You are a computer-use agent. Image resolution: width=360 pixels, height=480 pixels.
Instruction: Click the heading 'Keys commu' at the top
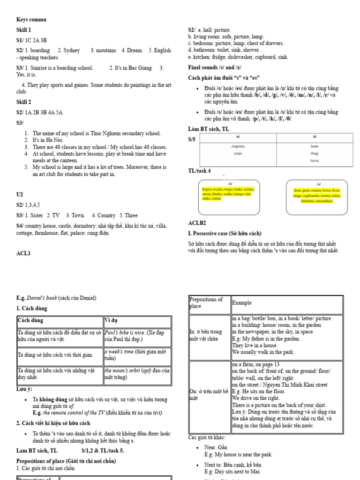31,20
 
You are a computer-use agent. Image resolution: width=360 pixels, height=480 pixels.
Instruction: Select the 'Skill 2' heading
24,102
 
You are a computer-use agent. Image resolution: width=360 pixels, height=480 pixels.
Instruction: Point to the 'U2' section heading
20,194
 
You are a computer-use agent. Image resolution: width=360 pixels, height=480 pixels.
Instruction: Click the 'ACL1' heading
23,254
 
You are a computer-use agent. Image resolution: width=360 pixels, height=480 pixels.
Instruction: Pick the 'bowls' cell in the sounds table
314,146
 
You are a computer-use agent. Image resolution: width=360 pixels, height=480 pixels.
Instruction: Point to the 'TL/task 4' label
199,171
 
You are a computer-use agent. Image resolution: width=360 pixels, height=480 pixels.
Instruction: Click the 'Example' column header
242,303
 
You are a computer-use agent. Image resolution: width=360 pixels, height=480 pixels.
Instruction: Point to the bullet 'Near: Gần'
217,447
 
